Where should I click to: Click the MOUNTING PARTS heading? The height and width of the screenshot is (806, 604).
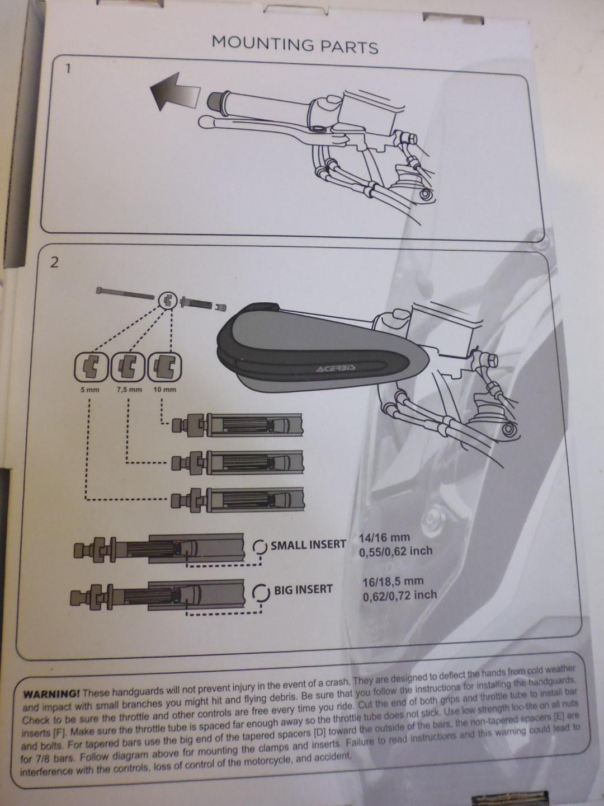coord(295,44)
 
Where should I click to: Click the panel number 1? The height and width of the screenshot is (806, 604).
coord(68,69)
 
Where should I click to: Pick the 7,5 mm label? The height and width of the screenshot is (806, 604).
coord(129,390)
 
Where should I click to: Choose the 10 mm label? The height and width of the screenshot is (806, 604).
coord(164,390)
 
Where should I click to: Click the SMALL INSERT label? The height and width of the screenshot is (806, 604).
coord(308,545)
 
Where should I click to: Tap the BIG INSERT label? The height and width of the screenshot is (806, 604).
coord(303,589)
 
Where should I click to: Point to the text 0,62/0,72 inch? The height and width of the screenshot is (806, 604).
coord(400,596)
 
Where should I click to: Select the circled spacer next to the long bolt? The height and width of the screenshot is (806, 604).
coord(167,301)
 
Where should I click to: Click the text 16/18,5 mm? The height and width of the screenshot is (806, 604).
coord(393,582)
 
